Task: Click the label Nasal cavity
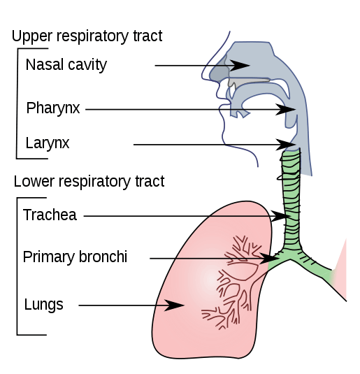pos(66,65)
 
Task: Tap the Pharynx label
pos(53,108)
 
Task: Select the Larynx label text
pos(48,143)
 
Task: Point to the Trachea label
pos(50,215)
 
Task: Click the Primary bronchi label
pos(75,257)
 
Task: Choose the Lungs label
pos(43,305)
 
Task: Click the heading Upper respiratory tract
pos(87,36)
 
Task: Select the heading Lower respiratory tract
pos(89,181)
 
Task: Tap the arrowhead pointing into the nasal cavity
pos(240,65)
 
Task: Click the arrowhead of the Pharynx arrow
pos(286,110)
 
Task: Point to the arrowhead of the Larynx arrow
pos(286,145)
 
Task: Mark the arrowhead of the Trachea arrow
pos(280,216)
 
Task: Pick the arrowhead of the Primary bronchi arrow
pos(269,259)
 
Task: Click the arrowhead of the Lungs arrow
pos(174,305)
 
